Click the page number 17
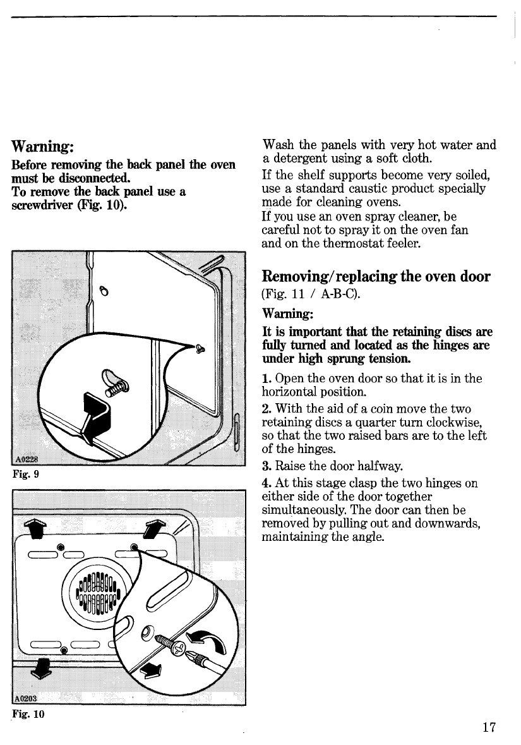point(487,727)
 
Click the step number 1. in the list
point(266,379)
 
